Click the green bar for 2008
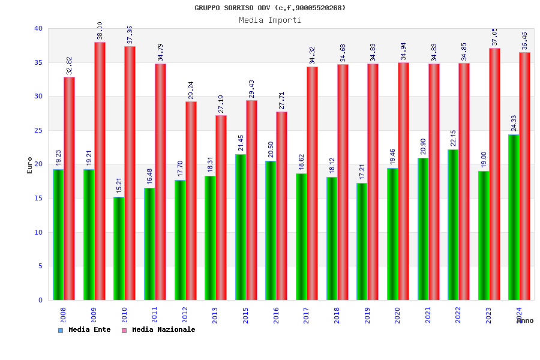tap(58, 235)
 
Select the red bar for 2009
tap(100, 171)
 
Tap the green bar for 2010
tap(119, 248)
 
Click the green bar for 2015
tap(241, 227)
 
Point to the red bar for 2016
tap(281, 206)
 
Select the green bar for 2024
tap(514, 217)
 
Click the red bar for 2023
tap(494, 174)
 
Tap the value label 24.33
tap(514, 123)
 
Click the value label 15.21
tap(119, 185)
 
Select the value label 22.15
tap(453, 138)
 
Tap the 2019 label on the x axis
tap(367, 315)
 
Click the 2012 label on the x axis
tap(185, 315)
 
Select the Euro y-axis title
tap(30, 165)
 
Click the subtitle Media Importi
tap(270, 20)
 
